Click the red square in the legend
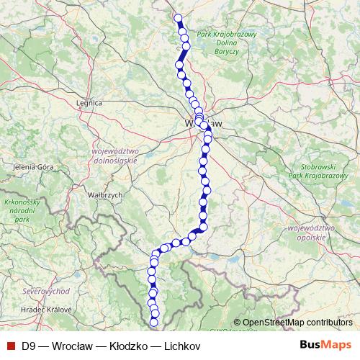(10, 346)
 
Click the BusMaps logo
(325, 346)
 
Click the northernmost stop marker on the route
(179, 19)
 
